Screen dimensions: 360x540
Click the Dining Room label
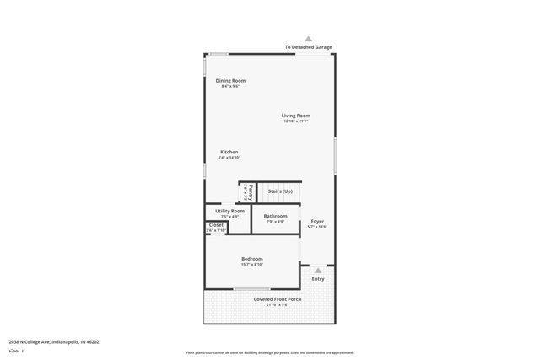click(230, 80)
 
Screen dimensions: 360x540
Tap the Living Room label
click(295, 116)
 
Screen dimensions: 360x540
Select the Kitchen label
click(229, 152)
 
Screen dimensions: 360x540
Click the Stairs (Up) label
click(280, 191)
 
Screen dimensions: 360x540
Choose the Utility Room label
click(224, 211)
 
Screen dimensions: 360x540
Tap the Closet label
click(216, 225)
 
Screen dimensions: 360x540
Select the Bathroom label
click(275, 216)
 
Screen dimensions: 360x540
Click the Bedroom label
click(251, 259)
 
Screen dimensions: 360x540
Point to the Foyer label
click(316, 221)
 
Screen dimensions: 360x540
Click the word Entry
click(317, 279)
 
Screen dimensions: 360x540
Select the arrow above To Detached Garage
click(308, 39)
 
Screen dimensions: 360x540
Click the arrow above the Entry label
click(317, 271)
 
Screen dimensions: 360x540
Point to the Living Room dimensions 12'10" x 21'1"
click(295, 121)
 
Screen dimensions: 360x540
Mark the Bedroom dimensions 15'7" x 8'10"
click(251, 265)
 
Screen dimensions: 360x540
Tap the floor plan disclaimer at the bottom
click(269, 352)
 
